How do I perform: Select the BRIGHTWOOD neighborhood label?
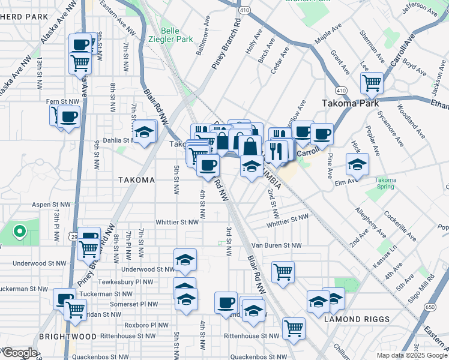[x=64, y=337]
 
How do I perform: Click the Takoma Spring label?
[x=385, y=183]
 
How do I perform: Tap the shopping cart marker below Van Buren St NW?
[x=282, y=271]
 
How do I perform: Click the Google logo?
[x=19, y=353]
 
